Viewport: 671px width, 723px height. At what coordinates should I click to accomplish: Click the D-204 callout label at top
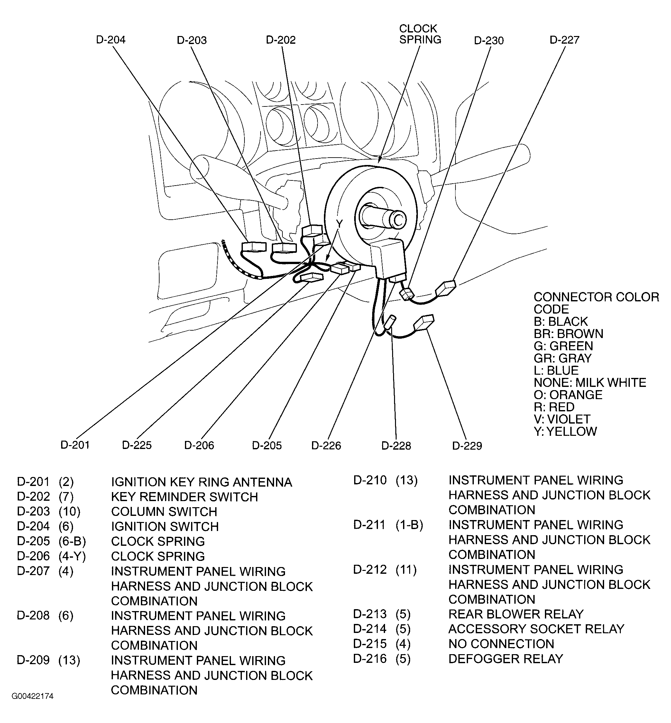tap(111, 40)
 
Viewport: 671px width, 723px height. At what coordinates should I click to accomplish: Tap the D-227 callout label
tap(564, 40)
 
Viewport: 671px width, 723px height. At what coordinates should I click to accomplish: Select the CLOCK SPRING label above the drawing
tap(420, 34)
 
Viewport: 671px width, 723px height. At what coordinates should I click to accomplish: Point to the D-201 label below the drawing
tap(75, 445)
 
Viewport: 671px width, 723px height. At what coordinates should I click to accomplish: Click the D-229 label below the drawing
tap(467, 446)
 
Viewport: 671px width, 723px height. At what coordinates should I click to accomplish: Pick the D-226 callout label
tap(326, 445)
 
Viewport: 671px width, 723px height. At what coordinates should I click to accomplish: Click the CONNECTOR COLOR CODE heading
tap(596, 303)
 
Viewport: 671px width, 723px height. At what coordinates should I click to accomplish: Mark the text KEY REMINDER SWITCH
tap(184, 497)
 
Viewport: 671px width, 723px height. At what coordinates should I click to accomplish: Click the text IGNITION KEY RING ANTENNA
tap(201, 482)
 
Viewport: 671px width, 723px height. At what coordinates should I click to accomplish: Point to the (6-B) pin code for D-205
tap(72, 541)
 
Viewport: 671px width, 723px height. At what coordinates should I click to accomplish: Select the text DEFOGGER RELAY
tap(505, 659)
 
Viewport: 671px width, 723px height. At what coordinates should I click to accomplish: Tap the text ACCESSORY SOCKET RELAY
tap(536, 629)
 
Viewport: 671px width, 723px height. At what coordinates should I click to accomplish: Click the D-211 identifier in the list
tap(369, 525)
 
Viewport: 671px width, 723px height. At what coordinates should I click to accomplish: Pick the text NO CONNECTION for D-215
tap(501, 644)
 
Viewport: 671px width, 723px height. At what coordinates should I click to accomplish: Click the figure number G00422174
tap(33, 696)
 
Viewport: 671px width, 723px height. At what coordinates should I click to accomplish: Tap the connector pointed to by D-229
tap(424, 323)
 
